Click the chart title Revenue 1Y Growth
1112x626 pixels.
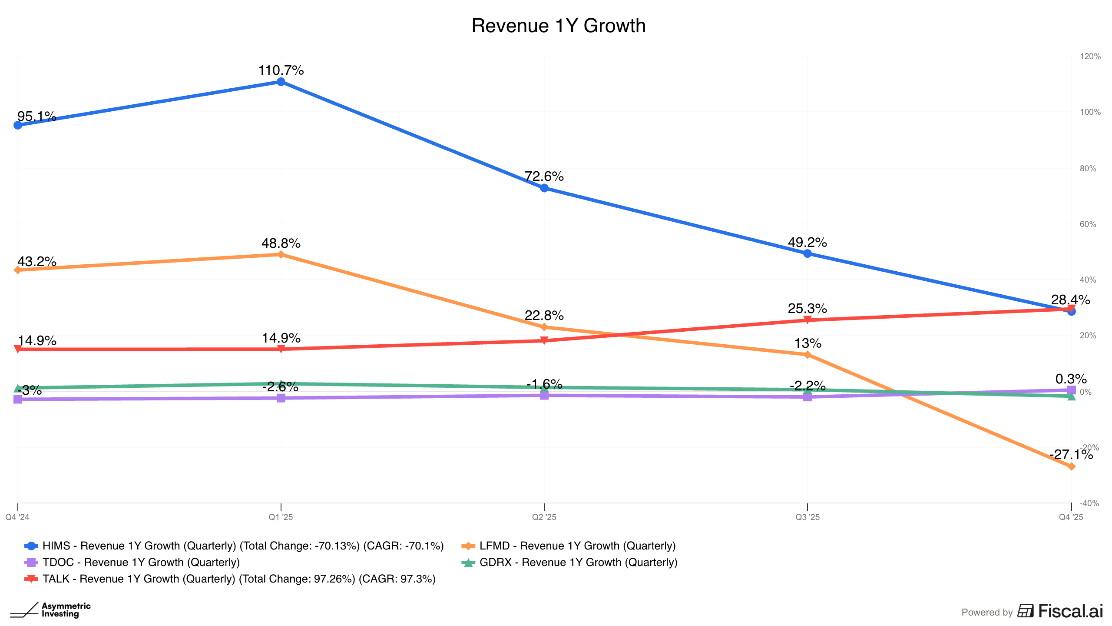coord(558,26)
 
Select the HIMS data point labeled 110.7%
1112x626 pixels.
coord(281,82)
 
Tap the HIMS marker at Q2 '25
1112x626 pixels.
coord(544,188)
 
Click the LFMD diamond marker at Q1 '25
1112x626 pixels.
coord(281,254)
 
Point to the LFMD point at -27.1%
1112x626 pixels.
coord(1071,466)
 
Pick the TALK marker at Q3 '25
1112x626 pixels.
coord(808,320)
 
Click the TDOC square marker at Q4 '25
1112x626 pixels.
coord(1071,390)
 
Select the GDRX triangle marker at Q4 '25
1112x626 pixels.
coord(1071,396)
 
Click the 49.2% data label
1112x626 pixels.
coord(807,242)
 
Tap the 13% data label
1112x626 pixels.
coord(808,343)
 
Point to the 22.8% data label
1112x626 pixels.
coord(544,315)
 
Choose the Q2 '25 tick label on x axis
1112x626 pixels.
coord(544,517)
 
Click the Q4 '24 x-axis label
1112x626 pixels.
coord(17,517)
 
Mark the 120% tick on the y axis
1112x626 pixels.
coord(1090,57)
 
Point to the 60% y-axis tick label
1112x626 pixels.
coord(1088,224)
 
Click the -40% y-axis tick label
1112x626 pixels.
coord(1089,503)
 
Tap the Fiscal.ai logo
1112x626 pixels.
coord(1060,611)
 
